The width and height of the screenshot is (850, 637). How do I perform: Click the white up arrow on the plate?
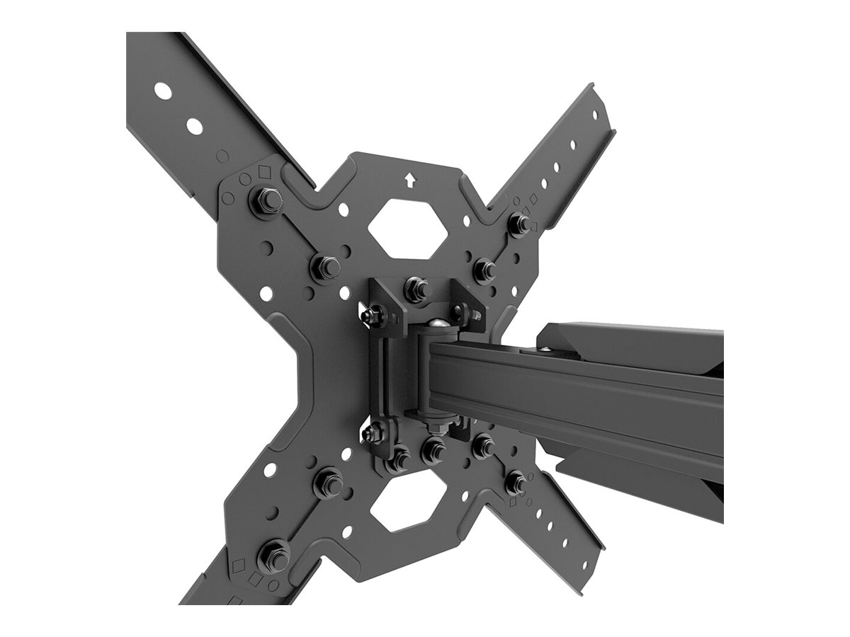tap(409, 180)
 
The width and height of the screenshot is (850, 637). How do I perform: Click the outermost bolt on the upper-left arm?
tap(266, 202)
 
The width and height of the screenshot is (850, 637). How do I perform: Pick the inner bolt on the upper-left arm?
tap(326, 267)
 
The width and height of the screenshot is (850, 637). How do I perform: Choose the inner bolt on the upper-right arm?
tap(484, 269)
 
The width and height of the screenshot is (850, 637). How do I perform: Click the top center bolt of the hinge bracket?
tap(416, 289)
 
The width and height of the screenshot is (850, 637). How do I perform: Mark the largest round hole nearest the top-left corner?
tap(163, 91)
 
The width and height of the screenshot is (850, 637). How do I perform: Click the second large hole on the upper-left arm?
tap(194, 126)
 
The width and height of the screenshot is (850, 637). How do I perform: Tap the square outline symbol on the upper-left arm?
tap(264, 171)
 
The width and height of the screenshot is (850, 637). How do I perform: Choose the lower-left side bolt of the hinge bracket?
tap(373, 431)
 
